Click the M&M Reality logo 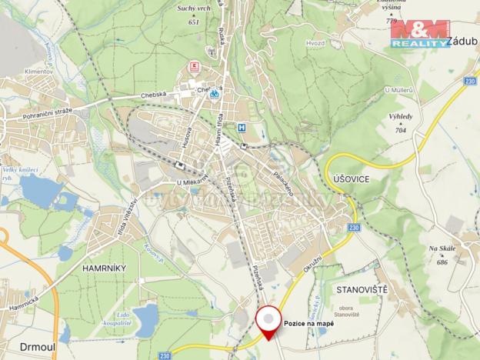pos(418,34)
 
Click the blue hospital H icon pos(243,128)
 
